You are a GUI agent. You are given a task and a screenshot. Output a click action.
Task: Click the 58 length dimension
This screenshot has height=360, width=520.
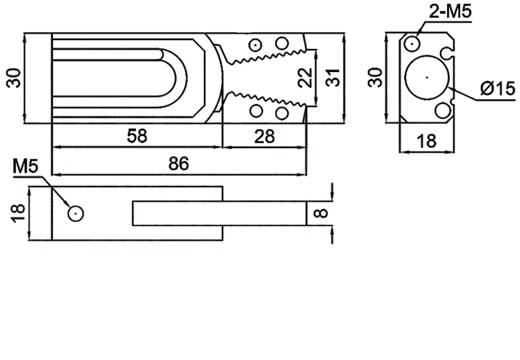tap(137, 136)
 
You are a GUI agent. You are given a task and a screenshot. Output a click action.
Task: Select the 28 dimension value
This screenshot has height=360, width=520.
tap(264, 136)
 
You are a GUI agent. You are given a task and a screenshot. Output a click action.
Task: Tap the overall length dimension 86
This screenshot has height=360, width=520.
tap(178, 163)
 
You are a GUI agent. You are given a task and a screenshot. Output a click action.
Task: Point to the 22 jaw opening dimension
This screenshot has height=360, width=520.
tap(306, 78)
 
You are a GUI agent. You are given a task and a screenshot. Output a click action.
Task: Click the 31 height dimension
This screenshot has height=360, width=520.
tap(333, 78)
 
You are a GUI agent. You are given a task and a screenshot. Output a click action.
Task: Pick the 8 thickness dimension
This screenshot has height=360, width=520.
tap(320, 213)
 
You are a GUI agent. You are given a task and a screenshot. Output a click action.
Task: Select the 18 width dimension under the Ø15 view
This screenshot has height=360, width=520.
tap(426, 141)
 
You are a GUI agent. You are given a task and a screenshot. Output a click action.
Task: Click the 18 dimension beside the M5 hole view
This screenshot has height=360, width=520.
tap(18, 213)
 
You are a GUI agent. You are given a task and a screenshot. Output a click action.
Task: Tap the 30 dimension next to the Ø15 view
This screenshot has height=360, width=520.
tap(374, 78)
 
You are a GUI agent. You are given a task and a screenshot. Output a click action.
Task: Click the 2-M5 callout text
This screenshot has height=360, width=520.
tap(450, 11)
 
